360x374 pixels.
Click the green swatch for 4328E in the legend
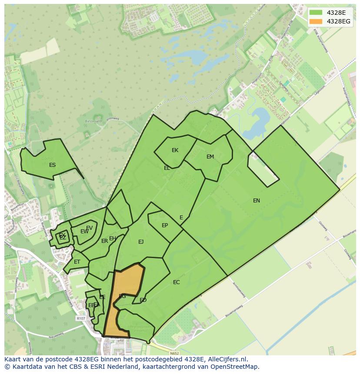[316, 13]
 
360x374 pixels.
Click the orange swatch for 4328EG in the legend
[316, 21]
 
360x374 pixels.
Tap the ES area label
[52, 165]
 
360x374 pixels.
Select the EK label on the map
[175, 150]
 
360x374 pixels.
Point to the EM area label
[210, 157]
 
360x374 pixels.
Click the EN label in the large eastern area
[257, 200]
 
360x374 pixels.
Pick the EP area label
[165, 225]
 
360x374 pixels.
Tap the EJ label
[141, 242]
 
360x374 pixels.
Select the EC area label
[176, 282]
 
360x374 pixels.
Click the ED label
[143, 300]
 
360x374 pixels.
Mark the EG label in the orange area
[122, 296]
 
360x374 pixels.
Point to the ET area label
[77, 262]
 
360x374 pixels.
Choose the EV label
[89, 228]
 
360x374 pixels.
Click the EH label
[113, 238]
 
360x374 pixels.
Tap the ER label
[104, 241]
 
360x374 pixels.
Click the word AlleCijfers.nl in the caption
[227, 359]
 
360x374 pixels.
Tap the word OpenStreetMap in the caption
[237, 367]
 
